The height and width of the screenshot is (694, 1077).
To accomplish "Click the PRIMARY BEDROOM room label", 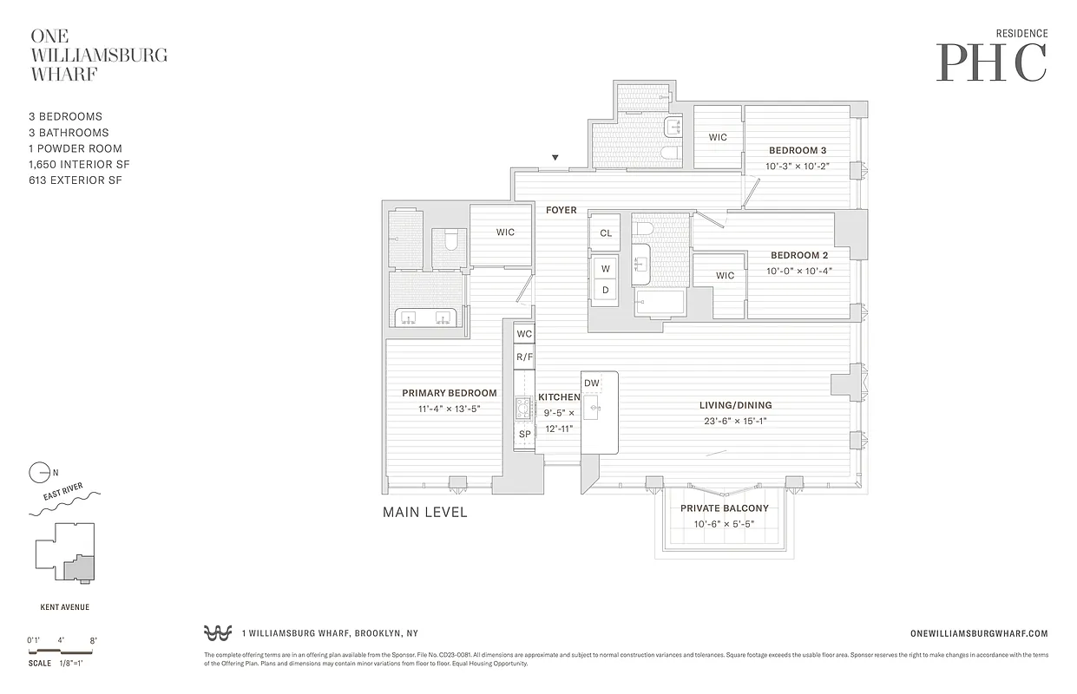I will click(449, 393).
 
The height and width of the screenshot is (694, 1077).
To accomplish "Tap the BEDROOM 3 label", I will click(797, 150).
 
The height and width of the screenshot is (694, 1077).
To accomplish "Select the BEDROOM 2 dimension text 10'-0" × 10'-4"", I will click(798, 271).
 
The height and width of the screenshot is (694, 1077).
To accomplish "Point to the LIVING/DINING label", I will click(736, 405).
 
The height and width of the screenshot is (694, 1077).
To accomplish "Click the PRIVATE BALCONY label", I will click(724, 508).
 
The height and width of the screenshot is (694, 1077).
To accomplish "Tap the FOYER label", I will click(561, 210).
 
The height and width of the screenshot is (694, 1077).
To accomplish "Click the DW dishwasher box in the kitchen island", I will click(592, 383).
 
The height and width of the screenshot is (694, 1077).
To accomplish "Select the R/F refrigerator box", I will click(524, 357).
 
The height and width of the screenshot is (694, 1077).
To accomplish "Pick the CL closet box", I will click(606, 232).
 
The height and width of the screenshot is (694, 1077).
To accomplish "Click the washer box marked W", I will click(606, 268).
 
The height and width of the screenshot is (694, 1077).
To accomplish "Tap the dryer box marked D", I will click(606, 291).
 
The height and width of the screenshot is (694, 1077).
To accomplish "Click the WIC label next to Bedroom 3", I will click(718, 137).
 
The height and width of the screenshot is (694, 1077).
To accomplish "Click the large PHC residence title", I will click(991, 62).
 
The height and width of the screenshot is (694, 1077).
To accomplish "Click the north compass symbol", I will click(40, 473).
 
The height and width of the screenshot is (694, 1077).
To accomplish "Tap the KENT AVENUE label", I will click(65, 607).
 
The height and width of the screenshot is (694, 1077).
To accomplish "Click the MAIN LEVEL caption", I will click(424, 513).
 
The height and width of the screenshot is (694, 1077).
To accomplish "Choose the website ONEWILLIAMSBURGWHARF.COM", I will click(982, 634).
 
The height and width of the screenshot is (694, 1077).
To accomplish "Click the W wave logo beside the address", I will click(217, 632).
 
